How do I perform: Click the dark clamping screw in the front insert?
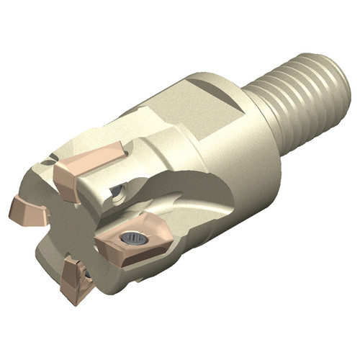(131, 237)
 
